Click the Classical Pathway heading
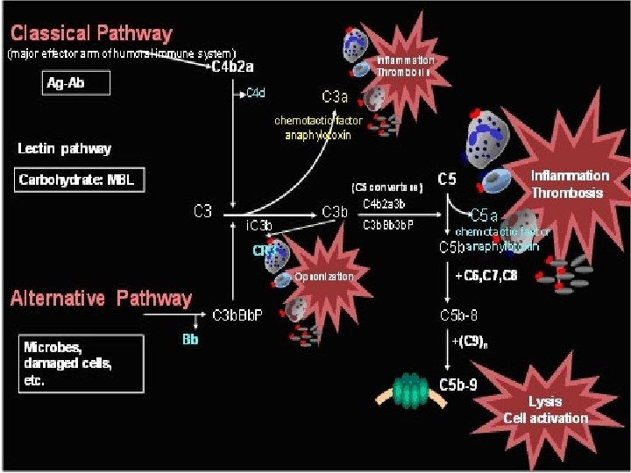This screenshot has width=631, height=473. point(91,34)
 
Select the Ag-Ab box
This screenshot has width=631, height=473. point(77,83)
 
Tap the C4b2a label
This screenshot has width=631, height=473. point(234,67)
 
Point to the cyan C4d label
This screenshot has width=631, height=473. point(256,92)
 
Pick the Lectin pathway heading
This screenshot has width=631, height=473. point(65,148)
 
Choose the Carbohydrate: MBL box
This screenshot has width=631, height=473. point(80,181)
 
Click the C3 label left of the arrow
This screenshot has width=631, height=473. point(202,211)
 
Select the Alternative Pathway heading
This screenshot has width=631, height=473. point(101,299)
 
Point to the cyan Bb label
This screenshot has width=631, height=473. point(190,337)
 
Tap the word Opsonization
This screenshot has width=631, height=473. point(324,277)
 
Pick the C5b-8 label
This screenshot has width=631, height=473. point(457,314)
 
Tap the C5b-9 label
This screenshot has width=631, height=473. point(457,384)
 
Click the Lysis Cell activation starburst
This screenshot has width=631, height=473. point(544,407)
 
